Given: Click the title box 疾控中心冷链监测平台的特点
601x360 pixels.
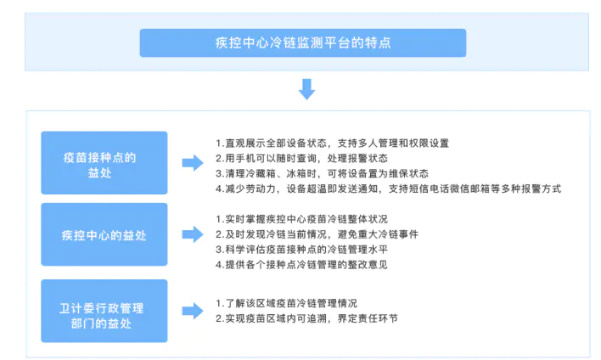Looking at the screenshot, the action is (x=303, y=43).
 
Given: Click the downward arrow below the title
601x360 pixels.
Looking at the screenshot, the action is (x=306, y=89).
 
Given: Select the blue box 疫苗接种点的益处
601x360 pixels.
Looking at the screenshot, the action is (x=104, y=163).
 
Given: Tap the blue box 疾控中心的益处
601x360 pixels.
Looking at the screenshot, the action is (x=104, y=234).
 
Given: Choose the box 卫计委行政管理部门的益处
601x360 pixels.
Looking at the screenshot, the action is (x=104, y=311).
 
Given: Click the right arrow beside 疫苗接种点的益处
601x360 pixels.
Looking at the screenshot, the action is (x=193, y=163).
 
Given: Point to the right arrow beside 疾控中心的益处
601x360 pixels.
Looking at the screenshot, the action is (x=193, y=234).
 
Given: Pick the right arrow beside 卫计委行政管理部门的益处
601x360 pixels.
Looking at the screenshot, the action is (x=193, y=311).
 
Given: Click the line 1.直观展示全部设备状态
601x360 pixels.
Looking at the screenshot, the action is (x=332, y=143).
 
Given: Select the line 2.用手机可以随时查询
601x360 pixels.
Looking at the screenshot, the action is (x=301, y=158).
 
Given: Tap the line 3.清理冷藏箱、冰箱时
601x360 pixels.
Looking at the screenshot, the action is (x=322, y=173).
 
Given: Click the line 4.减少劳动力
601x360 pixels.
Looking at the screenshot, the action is (x=388, y=188).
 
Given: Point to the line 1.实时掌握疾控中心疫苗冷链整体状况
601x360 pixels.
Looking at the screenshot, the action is (x=301, y=219).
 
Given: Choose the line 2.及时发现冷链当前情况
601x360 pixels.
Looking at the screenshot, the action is (x=317, y=234).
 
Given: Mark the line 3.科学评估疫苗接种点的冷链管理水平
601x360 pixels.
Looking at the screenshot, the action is (x=301, y=250).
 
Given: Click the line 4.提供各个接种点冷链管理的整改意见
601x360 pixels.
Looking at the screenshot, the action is (x=301, y=265).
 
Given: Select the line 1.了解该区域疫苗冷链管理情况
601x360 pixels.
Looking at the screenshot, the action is (x=286, y=303).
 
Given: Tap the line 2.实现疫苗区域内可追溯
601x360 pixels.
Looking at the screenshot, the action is (x=306, y=318).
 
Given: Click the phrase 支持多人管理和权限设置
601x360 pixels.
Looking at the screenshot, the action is (x=393, y=143).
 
